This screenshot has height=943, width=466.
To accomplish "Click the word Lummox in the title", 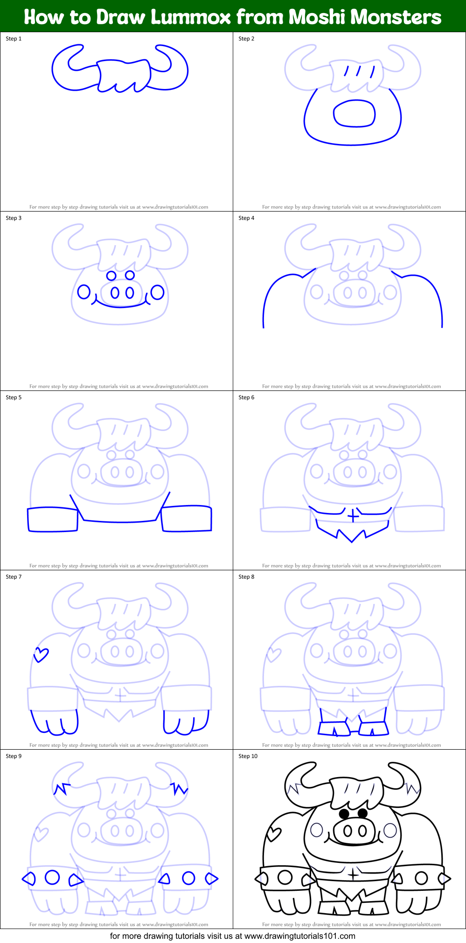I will point(191,17).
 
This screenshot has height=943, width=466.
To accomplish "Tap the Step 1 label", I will point(14,39).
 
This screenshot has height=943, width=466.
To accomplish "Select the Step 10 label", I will point(248,756).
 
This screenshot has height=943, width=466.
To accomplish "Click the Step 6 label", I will point(246,397).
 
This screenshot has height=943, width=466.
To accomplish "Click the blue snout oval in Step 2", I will point(355,114).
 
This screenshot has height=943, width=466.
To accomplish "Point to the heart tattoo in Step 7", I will point(41,655).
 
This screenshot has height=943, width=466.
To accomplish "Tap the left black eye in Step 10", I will point(344,813).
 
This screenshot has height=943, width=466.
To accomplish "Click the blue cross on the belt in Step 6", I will point(353,516).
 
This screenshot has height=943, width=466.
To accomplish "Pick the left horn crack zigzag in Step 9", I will point(62,789).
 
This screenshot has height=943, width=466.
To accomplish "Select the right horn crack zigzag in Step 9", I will point(179,788).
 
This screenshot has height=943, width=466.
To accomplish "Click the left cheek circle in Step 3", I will point(84,292).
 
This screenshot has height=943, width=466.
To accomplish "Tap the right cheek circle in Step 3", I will point(158,292).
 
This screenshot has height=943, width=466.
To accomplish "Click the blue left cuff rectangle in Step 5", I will point(53,520).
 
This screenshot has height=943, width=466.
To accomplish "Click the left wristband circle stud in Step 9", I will point(52,877).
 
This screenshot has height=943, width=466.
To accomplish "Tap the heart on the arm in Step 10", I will point(274,834).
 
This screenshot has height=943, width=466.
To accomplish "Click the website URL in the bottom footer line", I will point(300,936).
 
